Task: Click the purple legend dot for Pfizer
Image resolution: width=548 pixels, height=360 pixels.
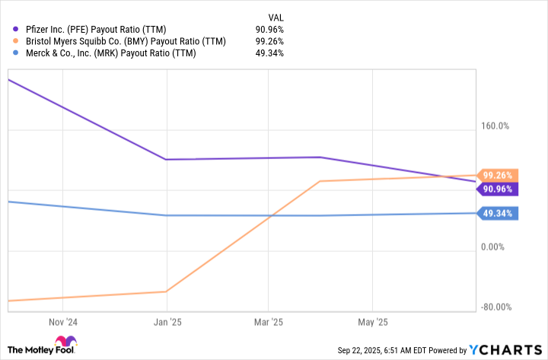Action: point(18,29)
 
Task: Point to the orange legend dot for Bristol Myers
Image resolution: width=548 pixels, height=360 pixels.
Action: point(18,41)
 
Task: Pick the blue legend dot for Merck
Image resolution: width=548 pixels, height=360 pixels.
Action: point(18,53)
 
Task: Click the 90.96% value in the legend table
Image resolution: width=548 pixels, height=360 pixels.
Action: point(269,29)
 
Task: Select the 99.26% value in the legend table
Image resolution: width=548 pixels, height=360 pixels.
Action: point(269,41)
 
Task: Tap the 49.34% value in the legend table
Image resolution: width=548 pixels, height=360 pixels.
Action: point(269,53)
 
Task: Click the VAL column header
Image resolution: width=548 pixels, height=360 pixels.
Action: point(277,17)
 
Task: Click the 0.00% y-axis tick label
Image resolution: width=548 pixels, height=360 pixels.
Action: point(494,247)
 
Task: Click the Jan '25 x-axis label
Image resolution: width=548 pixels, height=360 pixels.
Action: point(167,322)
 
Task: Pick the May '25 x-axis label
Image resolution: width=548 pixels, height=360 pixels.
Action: point(371,322)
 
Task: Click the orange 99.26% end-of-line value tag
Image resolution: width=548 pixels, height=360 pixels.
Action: point(497,175)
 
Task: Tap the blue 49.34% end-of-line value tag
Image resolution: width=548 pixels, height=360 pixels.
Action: point(497,214)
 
